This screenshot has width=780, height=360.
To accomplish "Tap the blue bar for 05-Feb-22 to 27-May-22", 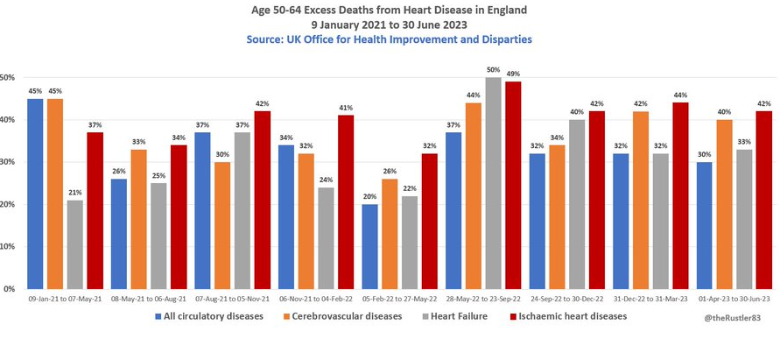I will tap(370, 246).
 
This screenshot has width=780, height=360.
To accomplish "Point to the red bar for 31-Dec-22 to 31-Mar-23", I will tap(681, 195).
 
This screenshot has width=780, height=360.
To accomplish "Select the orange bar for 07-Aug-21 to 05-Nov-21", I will tap(223, 225).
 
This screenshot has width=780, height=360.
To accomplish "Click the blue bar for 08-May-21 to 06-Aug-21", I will tap(119, 234).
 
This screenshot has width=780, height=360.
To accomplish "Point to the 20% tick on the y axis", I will tap(8, 204).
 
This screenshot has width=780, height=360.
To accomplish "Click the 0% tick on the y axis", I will tap(8, 288).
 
